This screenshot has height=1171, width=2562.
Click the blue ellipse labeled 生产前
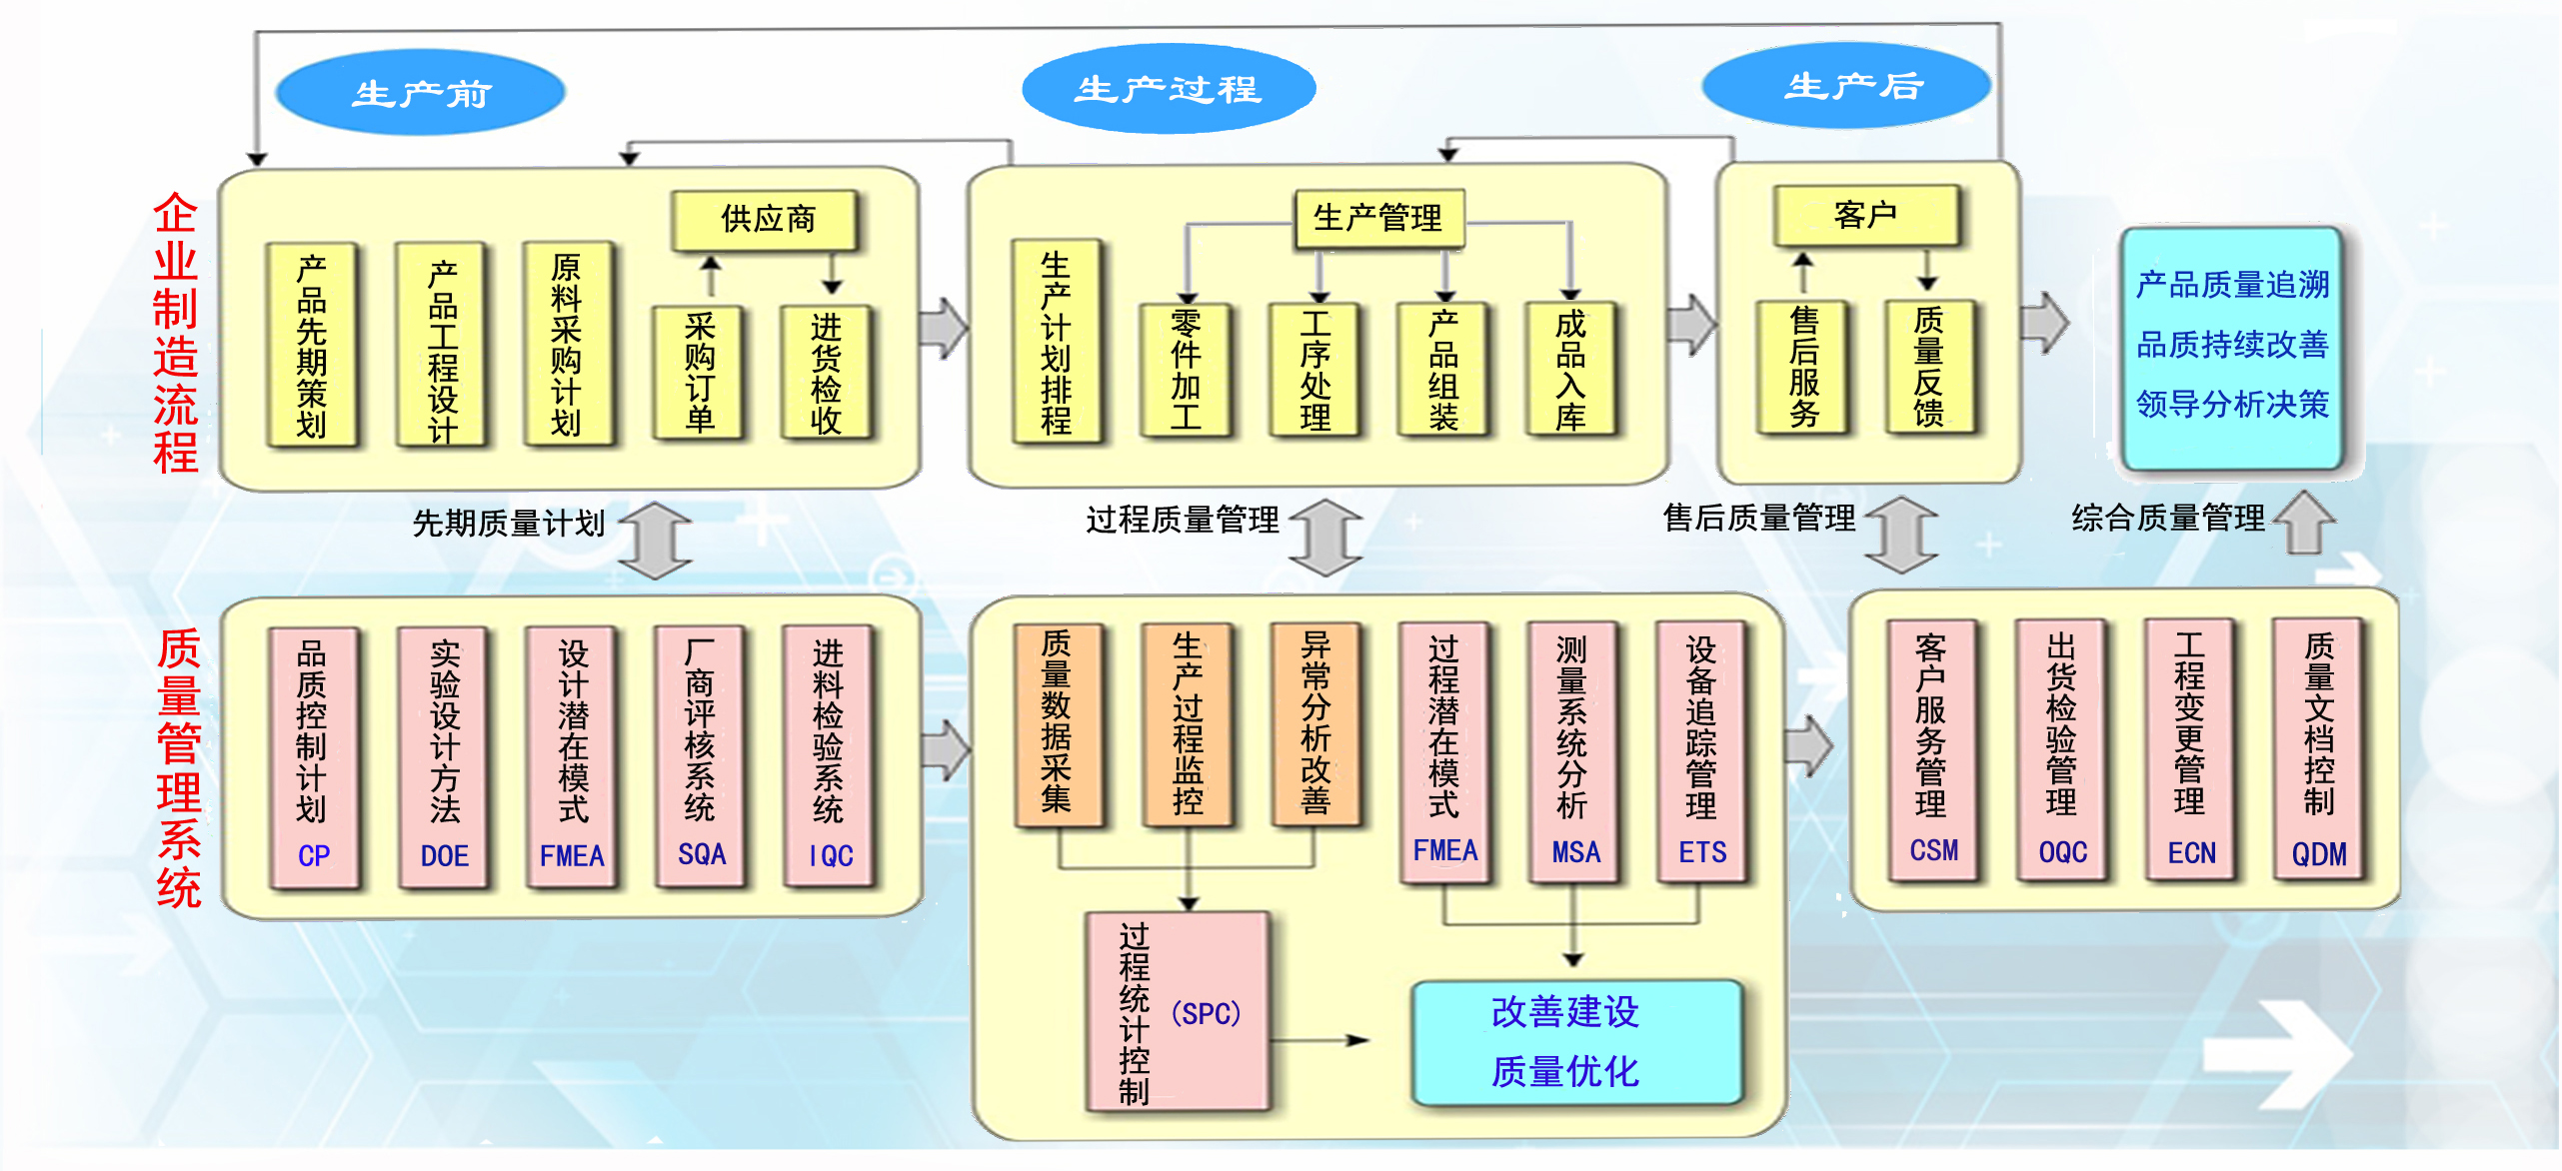(x=420, y=93)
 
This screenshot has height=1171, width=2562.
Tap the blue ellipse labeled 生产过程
(x=1168, y=89)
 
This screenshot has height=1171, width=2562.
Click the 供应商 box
(x=766, y=220)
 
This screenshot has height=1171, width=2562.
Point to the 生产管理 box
(x=1378, y=218)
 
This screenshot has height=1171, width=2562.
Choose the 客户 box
(x=1865, y=215)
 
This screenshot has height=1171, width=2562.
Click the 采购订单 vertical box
(x=699, y=372)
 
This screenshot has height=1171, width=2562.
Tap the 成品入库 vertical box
(x=1569, y=370)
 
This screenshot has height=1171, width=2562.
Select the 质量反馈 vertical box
(x=1928, y=367)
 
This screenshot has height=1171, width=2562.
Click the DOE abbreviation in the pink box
(x=444, y=856)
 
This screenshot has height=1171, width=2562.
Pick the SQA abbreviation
(x=701, y=854)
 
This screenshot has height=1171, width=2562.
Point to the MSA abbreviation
(x=1575, y=852)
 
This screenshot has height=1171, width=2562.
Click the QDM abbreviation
(x=2318, y=854)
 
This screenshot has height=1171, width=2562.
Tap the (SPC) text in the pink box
(x=1206, y=1014)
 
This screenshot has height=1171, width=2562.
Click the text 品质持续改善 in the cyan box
(x=2231, y=345)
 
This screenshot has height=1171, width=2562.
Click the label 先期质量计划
(x=509, y=523)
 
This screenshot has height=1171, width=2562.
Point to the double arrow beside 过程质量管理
(x=1325, y=538)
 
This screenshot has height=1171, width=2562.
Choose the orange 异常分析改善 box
(x=1314, y=724)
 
